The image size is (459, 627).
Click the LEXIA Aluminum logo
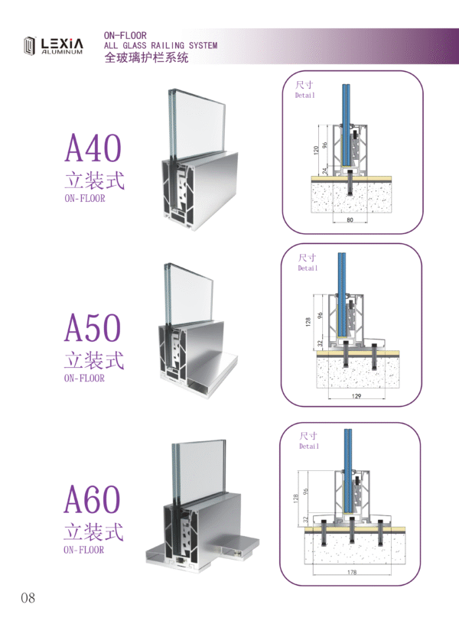pyautogui.click(x=53, y=46)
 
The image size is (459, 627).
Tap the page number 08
pyautogui.click(x=28, y=598)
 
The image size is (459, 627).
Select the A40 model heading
pyautogui.click(x=93, y=148)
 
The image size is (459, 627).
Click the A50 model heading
pyautogui.click(x=93, y=327)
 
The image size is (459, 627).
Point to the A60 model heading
pyautogui.click(x=92, y=499)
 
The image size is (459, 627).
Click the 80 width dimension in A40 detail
pyautogui.click(x=350, y=219)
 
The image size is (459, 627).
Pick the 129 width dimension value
pyautogui.click(x=356, y=396)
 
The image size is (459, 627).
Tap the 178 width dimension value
pyautogui.click(x=352, y=572)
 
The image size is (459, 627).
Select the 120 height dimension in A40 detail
pyautogui.click(x=316, y=150)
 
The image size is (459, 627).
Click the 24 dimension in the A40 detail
pyautogui.click(x=325, y=171)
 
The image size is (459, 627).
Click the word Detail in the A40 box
pyautogui.click(x=305, y=95)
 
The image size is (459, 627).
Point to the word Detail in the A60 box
pyautogui.click(x=309, y=447)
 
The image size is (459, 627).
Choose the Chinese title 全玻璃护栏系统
pyautogui.click(x=146, y=57)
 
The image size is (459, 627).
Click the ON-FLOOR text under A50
pyautogui.click(x=84, y=378)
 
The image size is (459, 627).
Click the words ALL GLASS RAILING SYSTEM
pyautogui.click(x=161, y=46)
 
